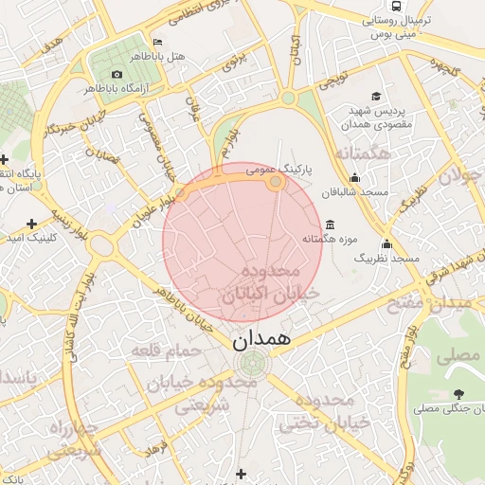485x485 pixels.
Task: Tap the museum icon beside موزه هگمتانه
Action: click(329, 225)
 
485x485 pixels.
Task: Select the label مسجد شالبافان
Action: click(354, 192)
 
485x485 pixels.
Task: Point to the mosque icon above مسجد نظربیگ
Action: click(386, 243)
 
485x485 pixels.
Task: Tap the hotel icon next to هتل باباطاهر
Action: click(157, 42)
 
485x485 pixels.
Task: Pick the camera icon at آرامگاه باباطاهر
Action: click(117, 74)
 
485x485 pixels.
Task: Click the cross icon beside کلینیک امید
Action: click(32, 224)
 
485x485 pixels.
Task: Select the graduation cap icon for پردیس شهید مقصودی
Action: click(376, 97)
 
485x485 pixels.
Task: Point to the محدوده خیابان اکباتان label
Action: click(271, 285)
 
